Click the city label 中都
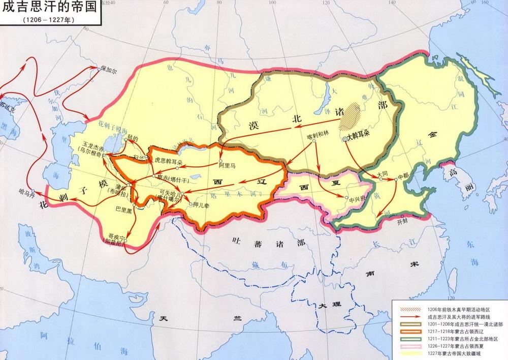[403, 175]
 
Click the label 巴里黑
[124, 208]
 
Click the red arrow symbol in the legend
[408, 316]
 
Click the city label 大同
[385, 174]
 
